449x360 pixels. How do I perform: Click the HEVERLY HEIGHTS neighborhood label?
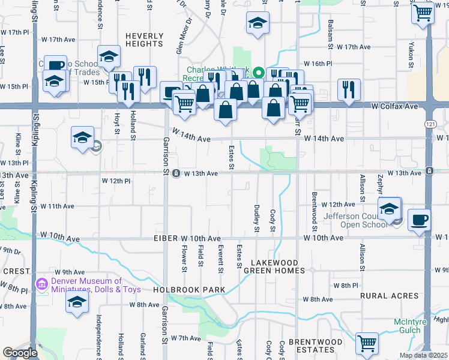pos(144,40)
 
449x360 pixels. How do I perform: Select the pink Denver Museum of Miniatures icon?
pos(41,283)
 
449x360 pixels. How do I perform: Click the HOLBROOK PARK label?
pos(189,290)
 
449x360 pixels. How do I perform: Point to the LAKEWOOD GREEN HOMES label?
pos(274,266)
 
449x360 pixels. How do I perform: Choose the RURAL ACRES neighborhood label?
pos(390,296)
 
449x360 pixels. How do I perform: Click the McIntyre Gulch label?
pos(411,326)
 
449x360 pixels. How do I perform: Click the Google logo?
pos(20,353)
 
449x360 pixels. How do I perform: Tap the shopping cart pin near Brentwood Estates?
pos(367,344)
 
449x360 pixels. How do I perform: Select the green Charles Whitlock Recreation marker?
pos(258,73)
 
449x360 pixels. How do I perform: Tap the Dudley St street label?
pos(256,220)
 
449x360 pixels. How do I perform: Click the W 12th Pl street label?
pos(116,181)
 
